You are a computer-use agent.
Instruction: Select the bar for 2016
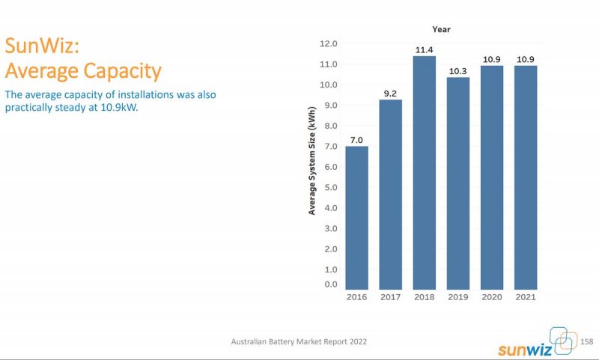pos(356,217)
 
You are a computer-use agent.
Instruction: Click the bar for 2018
pos(424,172)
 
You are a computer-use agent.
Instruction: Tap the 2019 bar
pos(458,183)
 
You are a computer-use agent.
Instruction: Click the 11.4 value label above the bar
pos(424,49)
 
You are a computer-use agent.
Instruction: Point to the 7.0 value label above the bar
pos(356,139)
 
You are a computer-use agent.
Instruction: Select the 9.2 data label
pos(390,94)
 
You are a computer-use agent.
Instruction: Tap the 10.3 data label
pos(458,71)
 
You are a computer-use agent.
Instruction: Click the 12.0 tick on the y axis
pos(329,43)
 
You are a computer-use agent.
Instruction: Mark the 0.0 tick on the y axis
pos(330,284)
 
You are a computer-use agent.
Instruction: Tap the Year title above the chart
pos(441,29)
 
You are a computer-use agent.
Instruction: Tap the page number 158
pos(586,341)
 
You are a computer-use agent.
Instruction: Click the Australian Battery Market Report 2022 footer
pos(299,341)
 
